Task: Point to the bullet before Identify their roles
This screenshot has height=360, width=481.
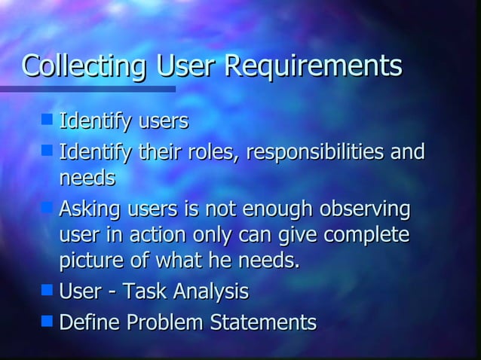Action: pyautogui.click(x=47, y=150)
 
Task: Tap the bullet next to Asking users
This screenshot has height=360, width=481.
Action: pyautogui.click(x=47, y=206)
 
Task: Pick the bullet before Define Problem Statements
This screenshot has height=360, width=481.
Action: pyautogui.click(x=47, y=321)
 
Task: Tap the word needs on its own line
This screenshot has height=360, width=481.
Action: pyautogui.click(x=87, y=178)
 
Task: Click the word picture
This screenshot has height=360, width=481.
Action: pyautogui.click(x=90, y=262)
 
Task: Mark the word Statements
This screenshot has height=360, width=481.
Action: pyautogui.click(x=260, y=323)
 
